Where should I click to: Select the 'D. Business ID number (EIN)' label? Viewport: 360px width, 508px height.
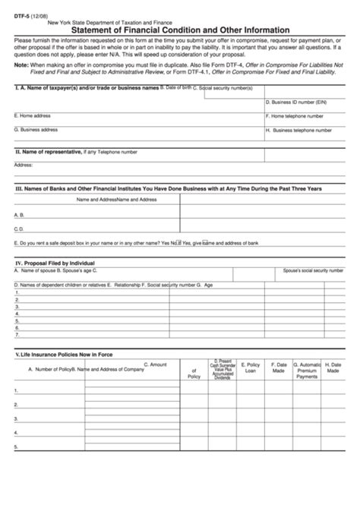[296, 102]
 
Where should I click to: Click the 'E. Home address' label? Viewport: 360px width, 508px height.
[33, 115]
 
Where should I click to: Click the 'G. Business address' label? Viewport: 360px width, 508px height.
[37, 130]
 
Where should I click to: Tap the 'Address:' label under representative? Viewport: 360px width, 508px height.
[23, 164]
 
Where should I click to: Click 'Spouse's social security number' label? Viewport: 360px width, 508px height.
[312, 270]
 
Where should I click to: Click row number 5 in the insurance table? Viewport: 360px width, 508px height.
[16, 448]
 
